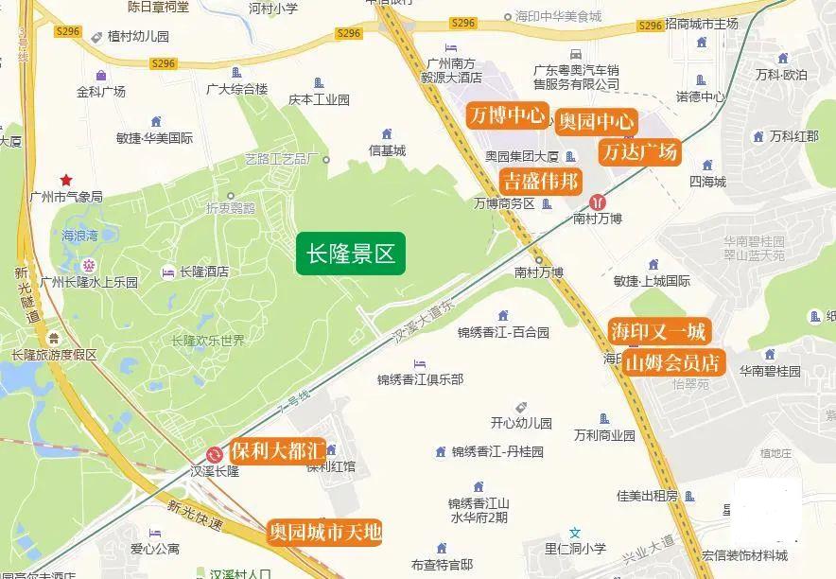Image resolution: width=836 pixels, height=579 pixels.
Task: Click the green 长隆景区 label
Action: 350,254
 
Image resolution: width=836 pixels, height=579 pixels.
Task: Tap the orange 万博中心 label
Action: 507,115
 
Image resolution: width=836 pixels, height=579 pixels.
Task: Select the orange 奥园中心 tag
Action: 596,121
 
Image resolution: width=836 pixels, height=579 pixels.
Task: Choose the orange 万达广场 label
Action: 639,151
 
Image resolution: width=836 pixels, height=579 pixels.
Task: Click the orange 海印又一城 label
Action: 658,331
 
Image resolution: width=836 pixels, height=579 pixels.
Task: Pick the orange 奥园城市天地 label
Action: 324,533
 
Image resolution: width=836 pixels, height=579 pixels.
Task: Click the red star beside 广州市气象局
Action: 66,180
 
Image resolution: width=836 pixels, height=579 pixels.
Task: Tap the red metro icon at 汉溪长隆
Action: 216,453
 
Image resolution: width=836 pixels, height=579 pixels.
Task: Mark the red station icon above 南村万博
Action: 598,202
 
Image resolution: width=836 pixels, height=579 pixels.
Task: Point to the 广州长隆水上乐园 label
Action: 89,282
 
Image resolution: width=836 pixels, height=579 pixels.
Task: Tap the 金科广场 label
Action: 101,92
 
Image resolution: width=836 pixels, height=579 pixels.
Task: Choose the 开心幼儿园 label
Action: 521,423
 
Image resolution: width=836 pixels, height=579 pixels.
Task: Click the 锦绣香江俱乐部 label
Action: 420,379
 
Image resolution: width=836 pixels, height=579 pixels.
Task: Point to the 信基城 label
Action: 387,150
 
